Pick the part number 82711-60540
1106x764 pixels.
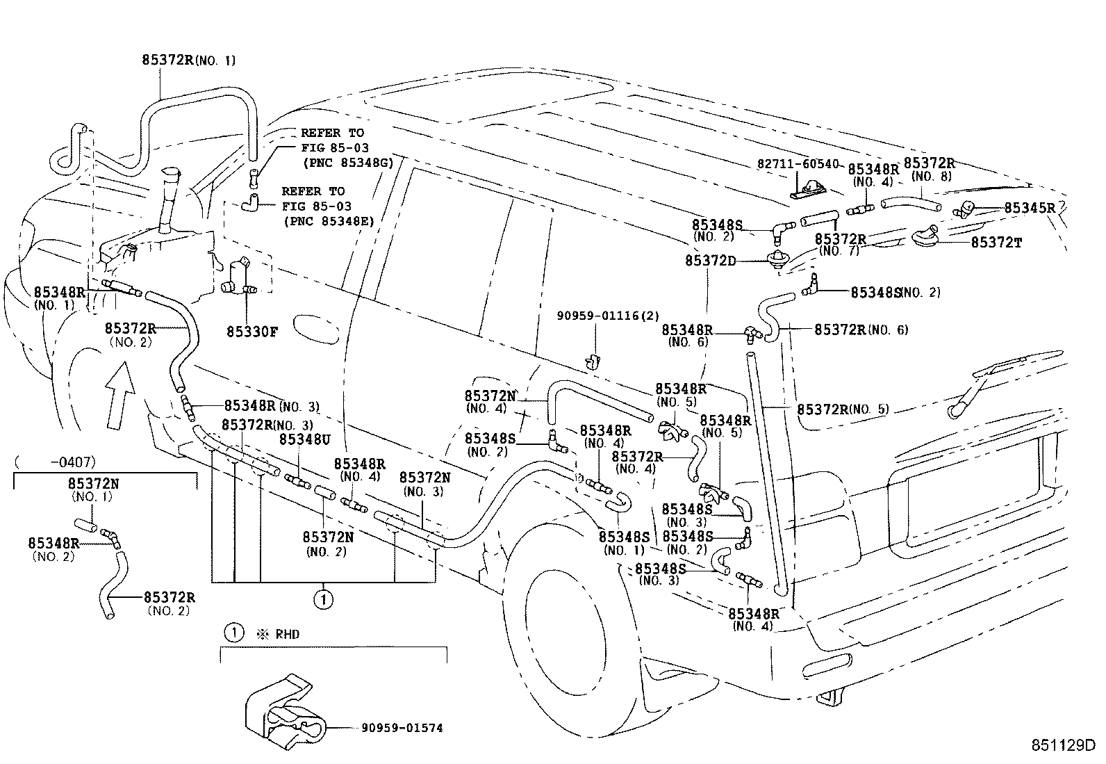pyautogui.click(x=798, y=164)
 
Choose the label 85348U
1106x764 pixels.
pyautogui.click(x=304, y=440)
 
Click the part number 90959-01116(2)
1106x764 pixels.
pyautogui.click(x=608, y=316)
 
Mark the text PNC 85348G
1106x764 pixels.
pyautogui.click(x=347, y=163)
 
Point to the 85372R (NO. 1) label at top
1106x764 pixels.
pyautogui.click(x=188, y=60)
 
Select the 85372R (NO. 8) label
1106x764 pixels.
pyautogui.click(x=928, y=170)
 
